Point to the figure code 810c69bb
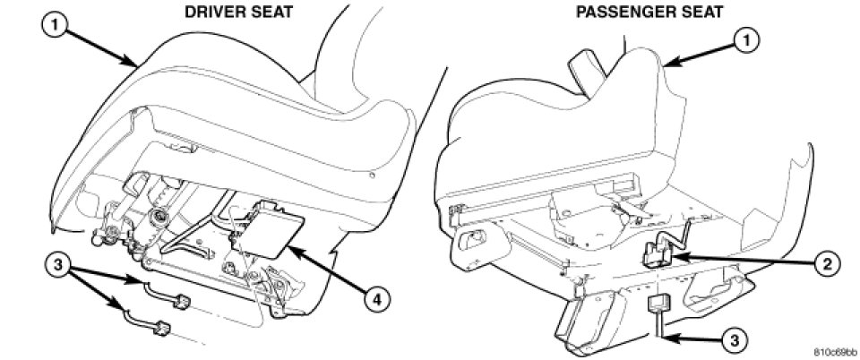point(835,351)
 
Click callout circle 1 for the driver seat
point(56,24)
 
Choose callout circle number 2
point(826,264)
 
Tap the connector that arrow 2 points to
point(658,253)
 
